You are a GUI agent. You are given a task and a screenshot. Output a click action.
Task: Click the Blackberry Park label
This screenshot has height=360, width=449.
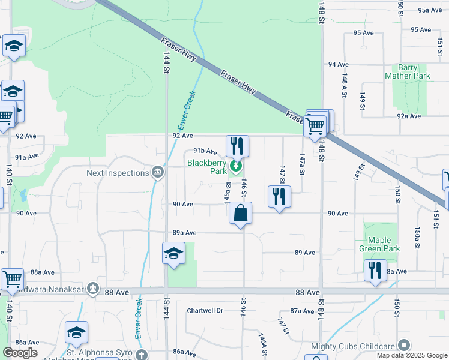[x=206, y=167]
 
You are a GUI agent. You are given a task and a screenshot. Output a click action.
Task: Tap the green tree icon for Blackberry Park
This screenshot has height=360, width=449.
[x=237, y=166]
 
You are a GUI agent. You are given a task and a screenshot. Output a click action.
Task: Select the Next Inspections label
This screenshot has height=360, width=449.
[x=117, y=173]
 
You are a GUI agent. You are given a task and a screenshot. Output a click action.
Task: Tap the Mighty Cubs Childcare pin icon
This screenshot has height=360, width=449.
[x=404, y=345]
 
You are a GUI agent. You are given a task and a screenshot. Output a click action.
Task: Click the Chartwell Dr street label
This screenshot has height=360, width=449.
[x=205, y=310]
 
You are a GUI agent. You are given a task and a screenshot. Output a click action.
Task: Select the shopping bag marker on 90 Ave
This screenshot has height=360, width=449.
[x=240, y=214]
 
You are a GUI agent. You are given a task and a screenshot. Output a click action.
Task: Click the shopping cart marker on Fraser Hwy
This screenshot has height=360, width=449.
[x=315, y=126]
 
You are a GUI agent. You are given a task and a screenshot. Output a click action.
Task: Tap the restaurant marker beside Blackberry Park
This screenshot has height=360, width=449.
[x=237, y=146]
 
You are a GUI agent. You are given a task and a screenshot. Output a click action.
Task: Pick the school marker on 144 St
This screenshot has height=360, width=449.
[x=173, y=253]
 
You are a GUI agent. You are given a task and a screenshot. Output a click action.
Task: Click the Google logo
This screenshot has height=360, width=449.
[x=20, y=353]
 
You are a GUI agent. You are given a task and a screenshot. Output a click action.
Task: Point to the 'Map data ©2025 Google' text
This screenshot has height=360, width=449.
[x=411, y=355]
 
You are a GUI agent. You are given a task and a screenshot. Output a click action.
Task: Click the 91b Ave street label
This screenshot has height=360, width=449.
[x=204, y=152]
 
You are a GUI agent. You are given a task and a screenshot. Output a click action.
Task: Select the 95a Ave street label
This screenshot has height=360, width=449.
[x=430, y=10]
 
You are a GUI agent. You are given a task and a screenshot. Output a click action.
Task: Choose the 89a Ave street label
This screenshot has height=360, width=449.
[x=185, y=232]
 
